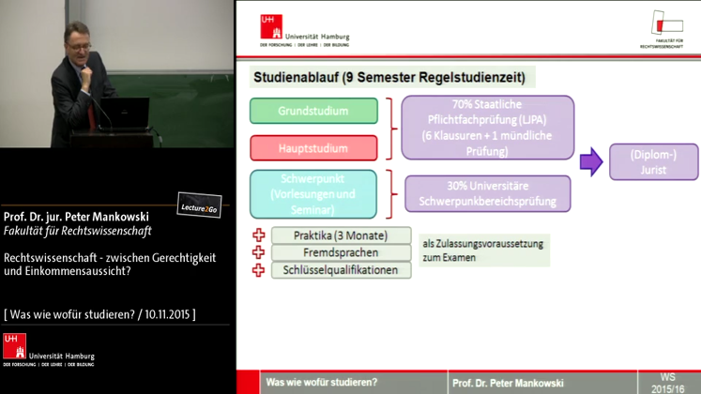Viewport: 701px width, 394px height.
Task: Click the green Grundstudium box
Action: tap(313, 111)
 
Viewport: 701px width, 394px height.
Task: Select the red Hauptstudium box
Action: tap(313, 148)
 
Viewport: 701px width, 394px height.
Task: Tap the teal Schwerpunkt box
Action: tap(313, 194)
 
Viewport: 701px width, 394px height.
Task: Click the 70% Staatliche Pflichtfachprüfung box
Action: tap(487, 128)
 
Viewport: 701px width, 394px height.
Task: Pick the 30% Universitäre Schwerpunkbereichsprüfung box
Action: tap(487, 194)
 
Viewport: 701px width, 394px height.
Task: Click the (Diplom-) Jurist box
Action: tap(653, 162)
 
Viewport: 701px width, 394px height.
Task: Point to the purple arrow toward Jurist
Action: tap(591, 162)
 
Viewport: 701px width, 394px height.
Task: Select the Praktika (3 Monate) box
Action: tap(341, 235)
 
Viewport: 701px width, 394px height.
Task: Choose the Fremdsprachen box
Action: tap(341, 253)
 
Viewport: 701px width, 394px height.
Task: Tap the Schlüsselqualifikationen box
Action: tap(341, 270)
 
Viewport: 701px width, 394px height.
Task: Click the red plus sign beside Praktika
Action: tap(259, 235)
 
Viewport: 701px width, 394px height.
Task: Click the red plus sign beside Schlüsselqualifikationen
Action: tap(259, 270)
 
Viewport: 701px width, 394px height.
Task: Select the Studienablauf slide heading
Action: tap(392, 77)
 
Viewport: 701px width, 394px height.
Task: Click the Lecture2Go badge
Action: tap(199, 206)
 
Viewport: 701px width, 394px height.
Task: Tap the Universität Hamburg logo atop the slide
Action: tap(304, 30)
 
